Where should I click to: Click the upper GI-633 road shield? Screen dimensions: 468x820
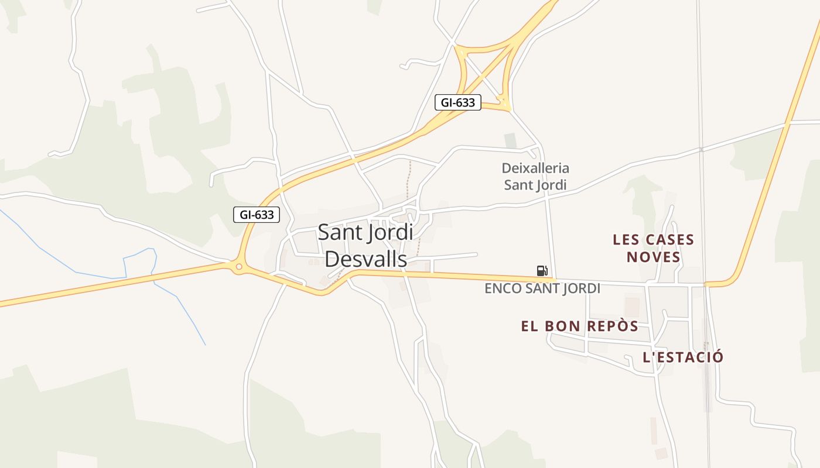[x=457, y=103]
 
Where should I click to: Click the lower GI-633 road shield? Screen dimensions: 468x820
[x=257, y=215]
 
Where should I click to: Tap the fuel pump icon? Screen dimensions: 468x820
[x=542, y=270]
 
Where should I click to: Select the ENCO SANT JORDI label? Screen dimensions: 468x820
[x=542, y=288]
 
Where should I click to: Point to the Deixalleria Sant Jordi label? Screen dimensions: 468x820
[x=535, y=177]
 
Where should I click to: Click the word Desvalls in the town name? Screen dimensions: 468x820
[x=365, y=259]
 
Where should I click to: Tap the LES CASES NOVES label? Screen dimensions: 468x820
[x=653, y=248]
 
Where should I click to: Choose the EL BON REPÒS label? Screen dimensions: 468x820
[x=579, y=326]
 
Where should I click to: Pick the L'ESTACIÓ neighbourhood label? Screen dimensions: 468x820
[x=683, y=357]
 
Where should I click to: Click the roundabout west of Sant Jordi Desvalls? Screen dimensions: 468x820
[x=238, y=267]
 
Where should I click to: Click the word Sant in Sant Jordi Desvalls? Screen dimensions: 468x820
[x=340, y=232]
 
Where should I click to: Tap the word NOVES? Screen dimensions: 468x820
[x=653, y=257]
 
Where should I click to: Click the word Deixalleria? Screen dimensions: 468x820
[x=535, y=168]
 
